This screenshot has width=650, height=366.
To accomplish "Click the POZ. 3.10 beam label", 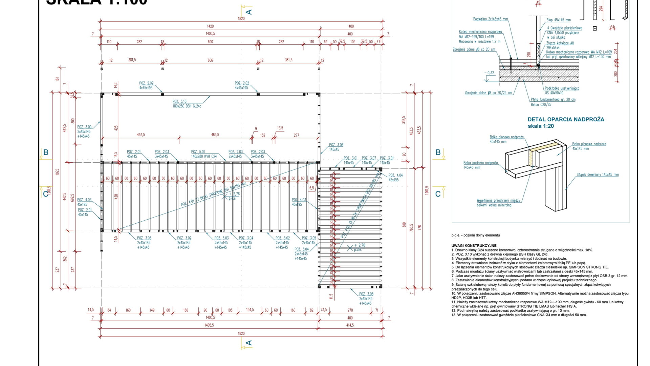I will [179, 101].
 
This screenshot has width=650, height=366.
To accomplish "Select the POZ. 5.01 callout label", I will [198, 152].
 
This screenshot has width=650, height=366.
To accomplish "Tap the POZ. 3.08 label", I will [366, 294].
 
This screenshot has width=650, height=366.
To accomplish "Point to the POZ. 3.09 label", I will [84, 127].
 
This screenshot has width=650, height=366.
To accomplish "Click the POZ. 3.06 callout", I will [336, 145].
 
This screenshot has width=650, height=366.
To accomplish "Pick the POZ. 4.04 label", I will [395, 175].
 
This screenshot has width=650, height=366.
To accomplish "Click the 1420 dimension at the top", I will [210, 26].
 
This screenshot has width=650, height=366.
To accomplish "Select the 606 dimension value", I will [210, 60].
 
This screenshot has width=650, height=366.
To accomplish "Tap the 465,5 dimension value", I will [215, 135].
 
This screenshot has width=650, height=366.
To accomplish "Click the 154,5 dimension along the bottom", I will [250, 310].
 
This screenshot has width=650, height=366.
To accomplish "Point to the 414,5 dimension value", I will [350, 325].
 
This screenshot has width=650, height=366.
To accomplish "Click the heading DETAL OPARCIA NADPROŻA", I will [566, 119].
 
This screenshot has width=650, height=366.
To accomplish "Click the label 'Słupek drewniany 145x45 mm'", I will [598, 175].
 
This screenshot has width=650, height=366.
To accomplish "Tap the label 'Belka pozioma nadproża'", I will [480, 163].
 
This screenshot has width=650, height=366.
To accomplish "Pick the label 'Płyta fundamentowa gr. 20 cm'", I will [553, 100].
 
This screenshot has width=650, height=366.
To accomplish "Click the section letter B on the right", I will [438, 152].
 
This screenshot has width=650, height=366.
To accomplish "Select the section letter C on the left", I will [46, 194].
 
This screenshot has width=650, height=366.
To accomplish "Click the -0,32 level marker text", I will [489, 73].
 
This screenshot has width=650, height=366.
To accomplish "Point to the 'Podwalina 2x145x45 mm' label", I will [490, 19].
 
